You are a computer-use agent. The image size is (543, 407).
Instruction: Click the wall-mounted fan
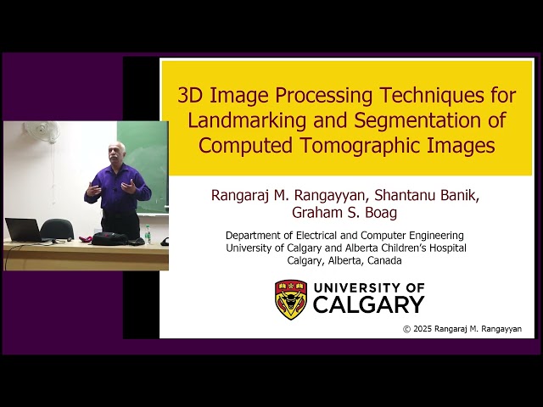click(41, 131)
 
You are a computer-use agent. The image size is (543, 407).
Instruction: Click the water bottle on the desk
click(148, 234)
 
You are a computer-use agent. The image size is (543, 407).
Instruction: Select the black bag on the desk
click(110, 239)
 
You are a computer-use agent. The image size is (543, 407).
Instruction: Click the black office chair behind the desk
click(57, 229)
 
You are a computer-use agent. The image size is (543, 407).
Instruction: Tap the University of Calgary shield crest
click(291, 298)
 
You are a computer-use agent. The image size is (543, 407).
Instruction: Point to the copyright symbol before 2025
click(407, 329)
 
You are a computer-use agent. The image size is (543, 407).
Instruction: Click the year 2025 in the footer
click(423, 329)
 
